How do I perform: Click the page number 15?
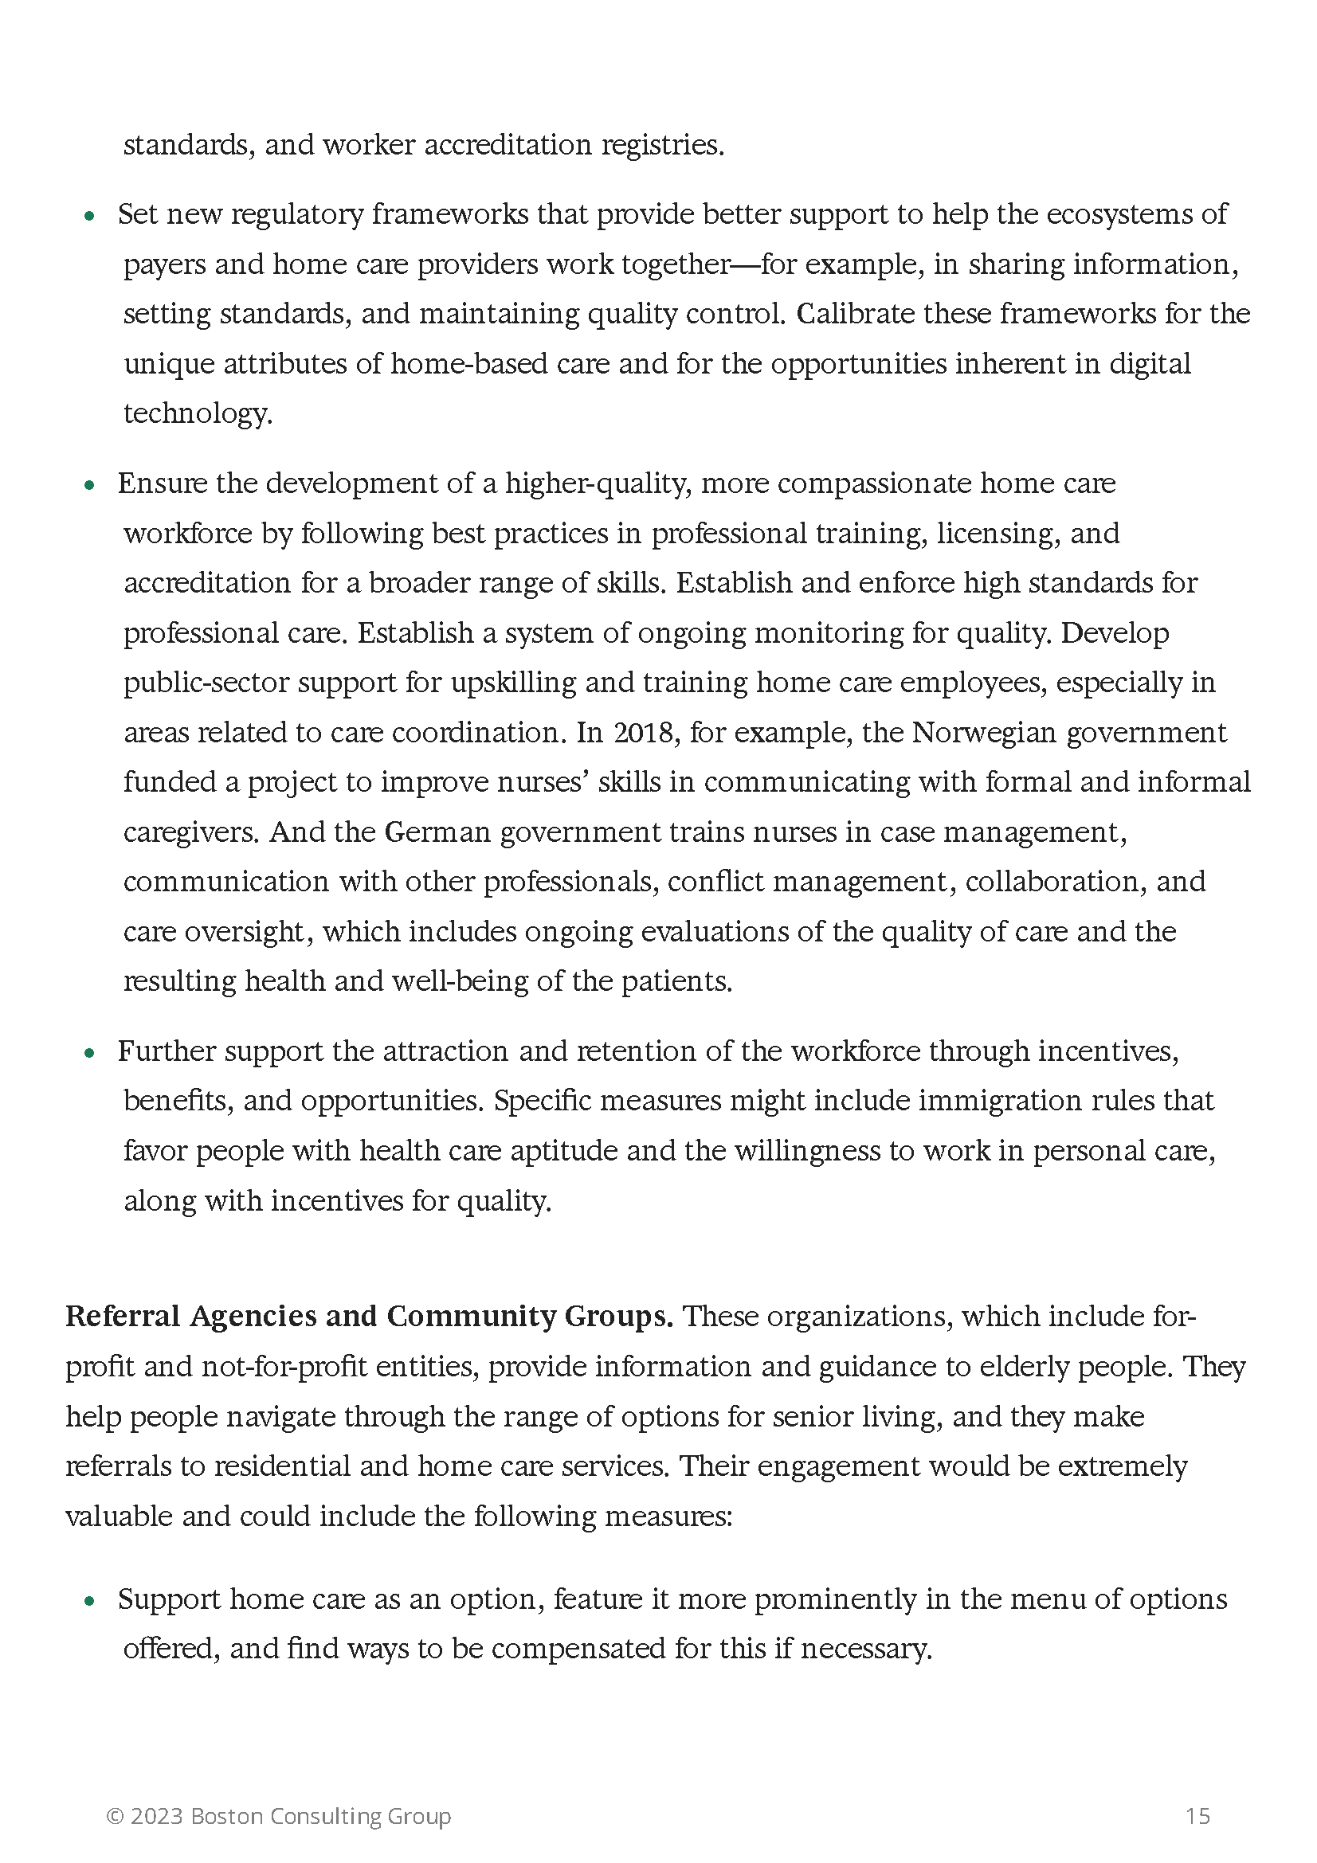point(1197,1815)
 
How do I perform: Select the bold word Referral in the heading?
point(122,1316)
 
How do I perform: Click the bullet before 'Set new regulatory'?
point(90,217)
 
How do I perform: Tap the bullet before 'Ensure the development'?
point(90,486)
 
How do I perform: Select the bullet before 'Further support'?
point(90,1054)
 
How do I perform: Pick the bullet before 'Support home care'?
point(90,1602)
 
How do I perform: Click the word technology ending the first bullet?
point(197,414)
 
